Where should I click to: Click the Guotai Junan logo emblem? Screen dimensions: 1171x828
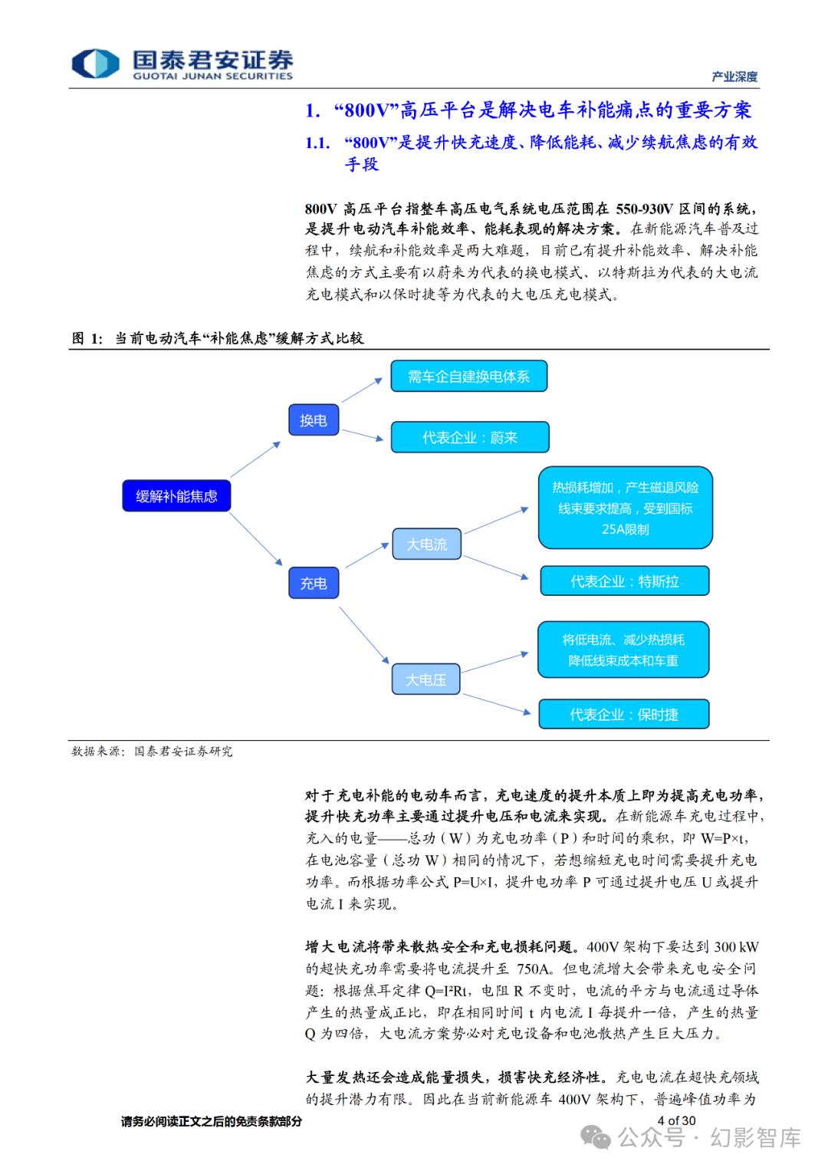95,64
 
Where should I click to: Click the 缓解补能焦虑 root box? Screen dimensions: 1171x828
176,496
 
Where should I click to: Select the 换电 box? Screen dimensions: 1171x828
314,420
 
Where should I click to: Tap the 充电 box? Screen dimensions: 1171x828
314,583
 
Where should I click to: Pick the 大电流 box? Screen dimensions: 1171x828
426,544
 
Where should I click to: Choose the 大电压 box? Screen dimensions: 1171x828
426,679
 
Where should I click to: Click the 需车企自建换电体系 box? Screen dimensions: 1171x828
468,377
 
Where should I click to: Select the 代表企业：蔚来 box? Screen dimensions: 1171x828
470,437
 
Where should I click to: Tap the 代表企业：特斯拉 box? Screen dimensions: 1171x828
624,581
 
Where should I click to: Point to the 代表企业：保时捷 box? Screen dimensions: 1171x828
623,715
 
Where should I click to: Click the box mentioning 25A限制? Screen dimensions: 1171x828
625,508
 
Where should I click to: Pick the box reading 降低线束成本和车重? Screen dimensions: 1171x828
623,650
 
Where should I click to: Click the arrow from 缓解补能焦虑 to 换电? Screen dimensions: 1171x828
255,460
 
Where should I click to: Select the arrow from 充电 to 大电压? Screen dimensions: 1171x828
364,635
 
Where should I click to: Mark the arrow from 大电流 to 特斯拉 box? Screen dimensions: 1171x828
496,567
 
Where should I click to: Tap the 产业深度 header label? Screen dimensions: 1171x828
734,77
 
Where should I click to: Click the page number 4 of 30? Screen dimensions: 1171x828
676,1121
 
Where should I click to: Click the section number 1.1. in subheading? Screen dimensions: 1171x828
317,143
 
